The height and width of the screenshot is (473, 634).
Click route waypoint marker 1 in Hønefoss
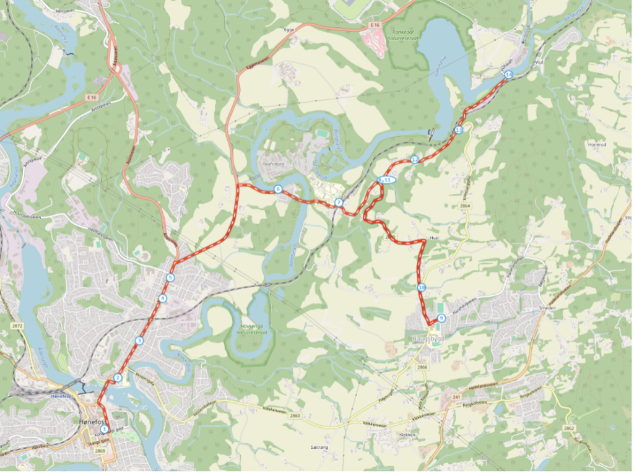click(x=104, y=428)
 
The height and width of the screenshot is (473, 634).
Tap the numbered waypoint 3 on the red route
click(x=139, y=341)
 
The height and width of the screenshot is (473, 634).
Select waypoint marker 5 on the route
click(x=170, y=278)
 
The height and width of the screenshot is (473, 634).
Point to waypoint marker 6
click(x=278, y=189)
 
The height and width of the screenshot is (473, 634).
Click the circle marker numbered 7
click(x=339, y=202)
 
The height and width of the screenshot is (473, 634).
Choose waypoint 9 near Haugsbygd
click(x=441, y=318)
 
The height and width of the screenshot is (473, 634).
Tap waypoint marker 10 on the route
click(x=421, y=287)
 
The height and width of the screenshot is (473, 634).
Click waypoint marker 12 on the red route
click(x=415, y=160)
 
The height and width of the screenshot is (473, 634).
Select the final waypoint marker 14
click(x=508, y=74)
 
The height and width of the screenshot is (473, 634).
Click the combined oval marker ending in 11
click(x=386, y=180)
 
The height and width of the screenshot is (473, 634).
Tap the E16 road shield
click(x=373, y=24)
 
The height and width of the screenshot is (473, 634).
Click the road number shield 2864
click(x=466, y=206)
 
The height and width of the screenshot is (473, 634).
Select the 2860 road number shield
click(x=294, y=416)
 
